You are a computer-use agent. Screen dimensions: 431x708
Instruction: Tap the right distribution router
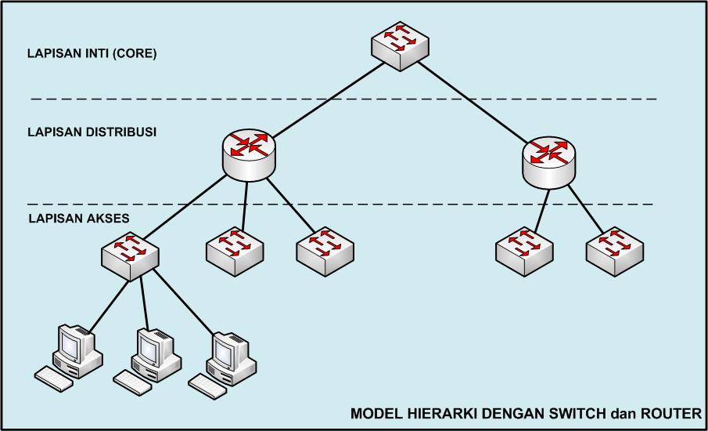(549, 162)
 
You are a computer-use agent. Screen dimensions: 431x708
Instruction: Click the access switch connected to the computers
(130, 254)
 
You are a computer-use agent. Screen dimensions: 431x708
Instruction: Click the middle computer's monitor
(150, 345)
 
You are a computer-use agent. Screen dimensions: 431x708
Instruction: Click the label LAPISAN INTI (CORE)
(92, 54)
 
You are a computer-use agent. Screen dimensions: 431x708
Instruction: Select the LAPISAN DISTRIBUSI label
(92, 132)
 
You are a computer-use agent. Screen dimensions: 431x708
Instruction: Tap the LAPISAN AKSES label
(79, 219)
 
